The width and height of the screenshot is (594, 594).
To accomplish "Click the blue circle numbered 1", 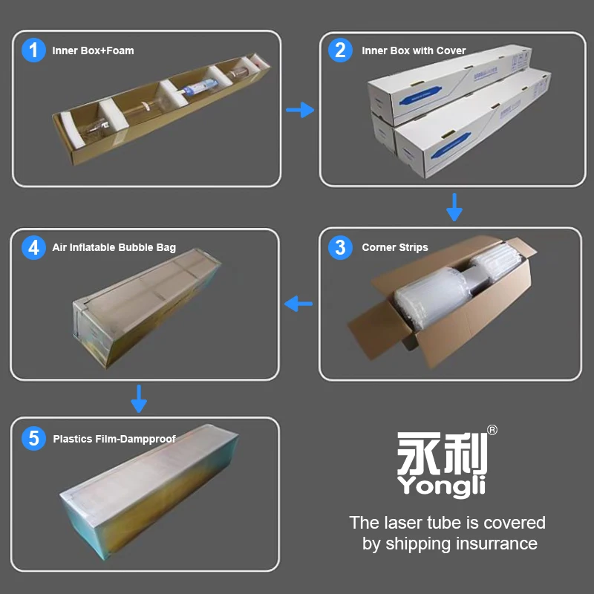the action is pyautogui.click(x=33, y=50).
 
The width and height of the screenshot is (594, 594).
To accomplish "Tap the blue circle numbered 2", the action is pyautogui.click(x=340, y=50).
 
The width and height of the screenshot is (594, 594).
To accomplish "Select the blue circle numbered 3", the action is pyautogui.click(x=340, y=247).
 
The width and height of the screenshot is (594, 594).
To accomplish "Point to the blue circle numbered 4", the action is pyautogui.click(x=33, y=247).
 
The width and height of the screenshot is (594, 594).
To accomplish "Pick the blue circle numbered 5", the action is pyautogui.click(x=33, y=438).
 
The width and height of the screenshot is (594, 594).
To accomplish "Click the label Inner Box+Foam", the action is pyautogui.click(x=94, y=50).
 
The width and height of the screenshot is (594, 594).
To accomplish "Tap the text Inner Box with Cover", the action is pyautogui.click(x=414, y=50).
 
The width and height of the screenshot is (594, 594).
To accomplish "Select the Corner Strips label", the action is pyautogui.click(x=395, y=247).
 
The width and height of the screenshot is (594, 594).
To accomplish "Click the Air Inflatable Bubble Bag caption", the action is pyautogui.click(x=114, y=248).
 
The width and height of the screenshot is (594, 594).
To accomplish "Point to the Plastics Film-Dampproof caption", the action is pyautogui.click(x=114, y=439).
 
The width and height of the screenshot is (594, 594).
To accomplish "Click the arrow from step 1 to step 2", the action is pyautogui.click(x=300, y=110).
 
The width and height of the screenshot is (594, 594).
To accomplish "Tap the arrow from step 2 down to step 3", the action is pyautogui.click(x=454, y=207).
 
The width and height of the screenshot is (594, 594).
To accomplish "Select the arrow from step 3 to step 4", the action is pyautogui.click(x=298, y=304).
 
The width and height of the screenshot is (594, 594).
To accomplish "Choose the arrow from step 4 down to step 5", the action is pyautogui.click(x=139, y=399).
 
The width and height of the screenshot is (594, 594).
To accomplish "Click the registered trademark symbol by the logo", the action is pyautogui.click(x=492, y=430).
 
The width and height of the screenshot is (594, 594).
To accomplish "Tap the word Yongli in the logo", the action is pyautogui.click(x=441, y=486).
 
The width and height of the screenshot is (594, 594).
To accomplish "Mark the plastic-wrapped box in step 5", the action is pyautogui.click(x=150, y=492).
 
